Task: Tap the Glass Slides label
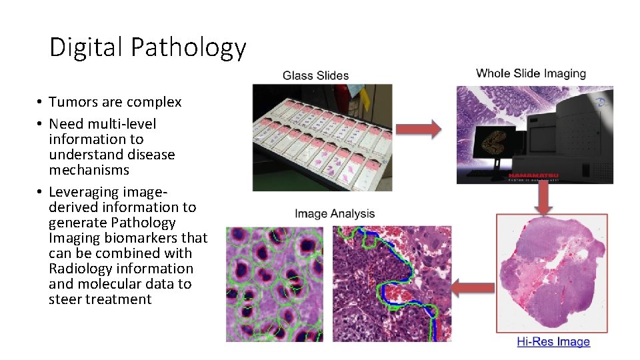click(x=315, y=75)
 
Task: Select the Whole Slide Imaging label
click(x=531, y=73)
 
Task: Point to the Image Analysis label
click(x=335, y=214)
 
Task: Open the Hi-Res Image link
click(x=553, y=342)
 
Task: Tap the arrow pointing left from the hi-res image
click(x=472, y=288)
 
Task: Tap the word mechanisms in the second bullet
click(x=89, y=170)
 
